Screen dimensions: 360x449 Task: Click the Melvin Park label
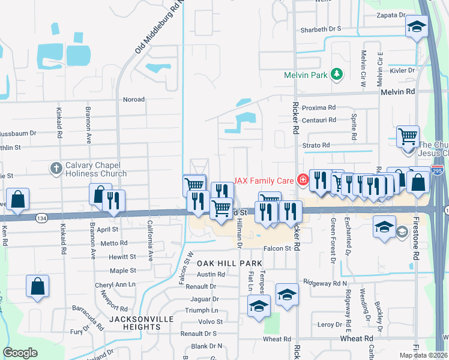pyautogui.click(x=306, y=75)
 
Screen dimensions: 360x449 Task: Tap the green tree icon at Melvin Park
pyautogui.click(x=337, y=74)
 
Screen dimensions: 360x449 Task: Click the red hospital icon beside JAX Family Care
pyautogui.click(x=303, y=179)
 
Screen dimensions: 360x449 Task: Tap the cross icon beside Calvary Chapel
pyautogui.click(x=56, y=168)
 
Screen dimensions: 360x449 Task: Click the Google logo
pyautogui.click(x=20, y=353)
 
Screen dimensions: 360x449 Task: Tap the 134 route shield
pyautogui.click(x=41, y=217)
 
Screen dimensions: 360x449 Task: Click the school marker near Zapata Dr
pyautogui.click(x=417, y=26)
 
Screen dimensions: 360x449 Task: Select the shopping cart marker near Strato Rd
pyautogui.click(x=408, y=136)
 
